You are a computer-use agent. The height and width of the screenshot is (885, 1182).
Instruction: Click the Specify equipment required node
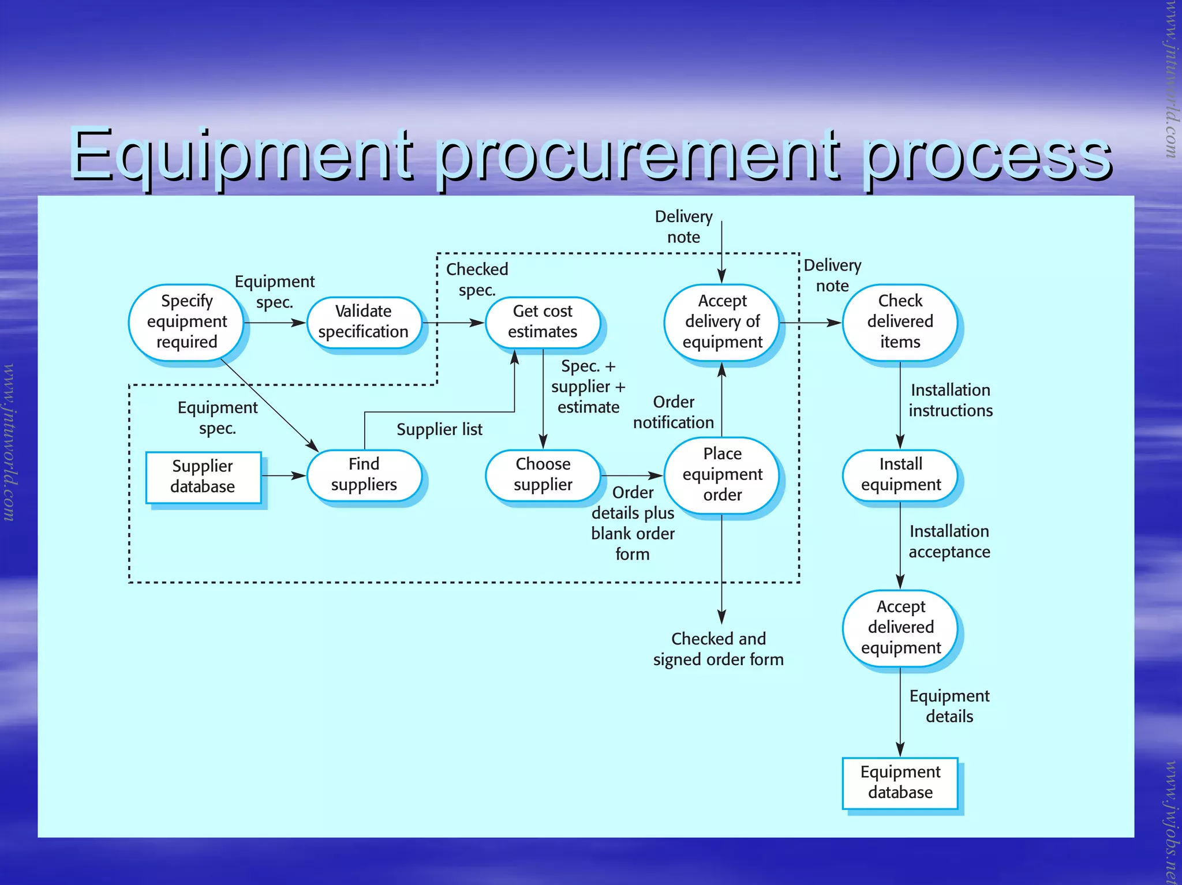(x=186, y=322)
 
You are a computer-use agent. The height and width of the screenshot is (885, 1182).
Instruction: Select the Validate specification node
(x=364, y=322)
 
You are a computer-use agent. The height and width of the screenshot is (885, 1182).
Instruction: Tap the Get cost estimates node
(x=543, y=322)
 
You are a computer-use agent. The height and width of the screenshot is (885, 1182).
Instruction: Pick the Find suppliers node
(x=364, y=475)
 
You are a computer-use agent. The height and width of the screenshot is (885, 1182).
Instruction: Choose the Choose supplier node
(x=543, y=475)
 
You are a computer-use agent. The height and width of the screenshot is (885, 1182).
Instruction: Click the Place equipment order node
(x=722, y=474)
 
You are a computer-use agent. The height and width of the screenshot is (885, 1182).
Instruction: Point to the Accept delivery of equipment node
(x=722, y=322)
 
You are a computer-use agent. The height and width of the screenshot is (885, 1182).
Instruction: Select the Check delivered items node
(x=900, y=322)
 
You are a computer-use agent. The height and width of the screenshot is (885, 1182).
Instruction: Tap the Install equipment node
(x=900, y=475)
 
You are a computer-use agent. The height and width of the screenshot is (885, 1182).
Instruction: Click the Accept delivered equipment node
(x=900, y=628)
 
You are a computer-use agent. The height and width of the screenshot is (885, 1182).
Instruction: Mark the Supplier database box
(x=203, y=477)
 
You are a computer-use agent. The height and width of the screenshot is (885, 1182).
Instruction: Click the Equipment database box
(x=900, y=782)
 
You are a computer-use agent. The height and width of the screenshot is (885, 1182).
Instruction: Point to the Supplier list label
(x=439, y=430)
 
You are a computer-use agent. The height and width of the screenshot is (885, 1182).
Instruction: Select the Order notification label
(x=674, y=412)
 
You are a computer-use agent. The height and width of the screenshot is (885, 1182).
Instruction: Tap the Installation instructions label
(x=951, y=400)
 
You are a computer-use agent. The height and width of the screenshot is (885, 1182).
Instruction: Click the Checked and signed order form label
(x=719, y=649)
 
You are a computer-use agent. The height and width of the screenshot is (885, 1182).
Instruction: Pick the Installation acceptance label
(x=949, y=542)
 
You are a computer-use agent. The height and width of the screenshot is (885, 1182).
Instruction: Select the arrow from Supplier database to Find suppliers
(x=283, y=476)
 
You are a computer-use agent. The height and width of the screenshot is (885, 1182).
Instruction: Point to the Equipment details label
(x=949, y=706)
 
